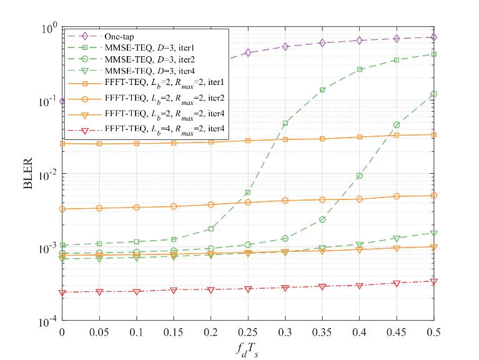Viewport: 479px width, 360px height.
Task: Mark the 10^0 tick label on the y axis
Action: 49,28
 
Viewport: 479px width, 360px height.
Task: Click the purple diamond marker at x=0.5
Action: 434,37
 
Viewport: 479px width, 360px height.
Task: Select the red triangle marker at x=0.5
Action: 434,281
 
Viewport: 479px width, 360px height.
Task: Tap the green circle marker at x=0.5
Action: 434,94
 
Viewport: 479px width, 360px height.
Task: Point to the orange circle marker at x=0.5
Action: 434,196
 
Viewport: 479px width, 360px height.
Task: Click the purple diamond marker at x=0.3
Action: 285,47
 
